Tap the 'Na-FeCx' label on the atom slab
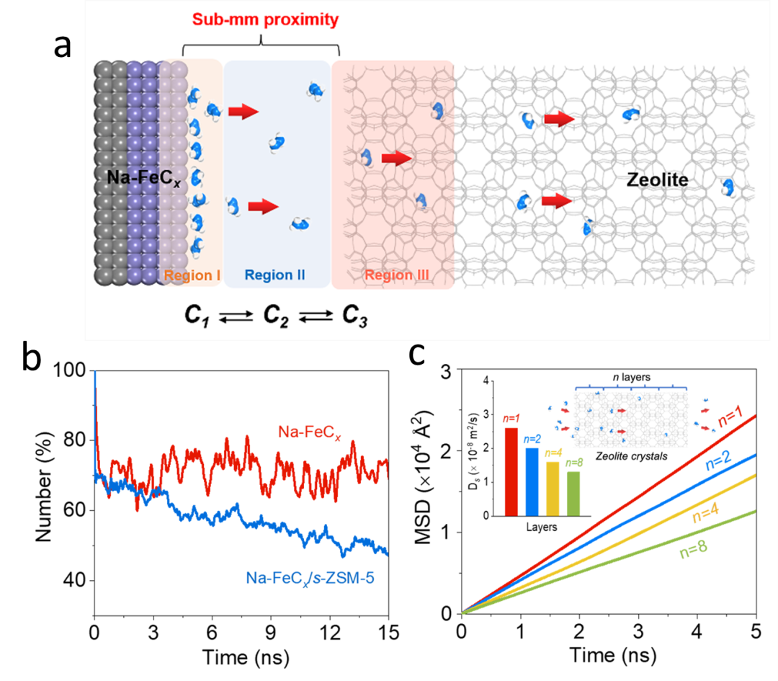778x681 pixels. click(140, 175)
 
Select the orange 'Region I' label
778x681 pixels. click(192, 275)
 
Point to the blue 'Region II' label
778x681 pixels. click(275, 275)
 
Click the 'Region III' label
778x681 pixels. click(393, 275)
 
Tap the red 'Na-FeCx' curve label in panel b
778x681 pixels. click(303, 433)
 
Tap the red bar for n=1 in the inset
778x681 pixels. click(511, 472)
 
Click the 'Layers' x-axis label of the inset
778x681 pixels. click(541, 528)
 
